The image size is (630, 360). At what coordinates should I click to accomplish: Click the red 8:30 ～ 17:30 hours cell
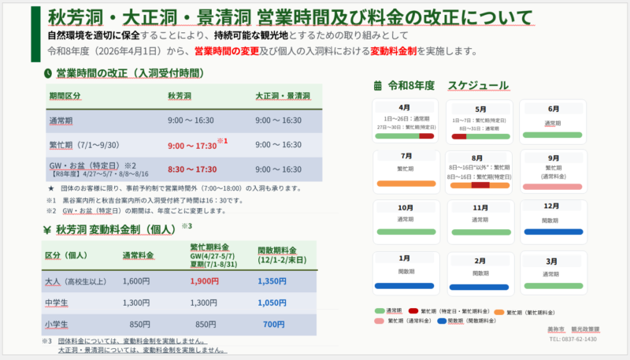(192, 169)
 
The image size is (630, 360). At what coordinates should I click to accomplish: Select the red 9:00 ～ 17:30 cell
(193, 145)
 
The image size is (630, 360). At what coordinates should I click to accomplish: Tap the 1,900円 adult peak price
(204, 281)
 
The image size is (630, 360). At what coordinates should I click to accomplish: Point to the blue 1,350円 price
(272, 281)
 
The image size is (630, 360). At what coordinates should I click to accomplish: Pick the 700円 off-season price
(274, 324)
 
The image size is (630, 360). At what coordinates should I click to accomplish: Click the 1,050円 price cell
(272, 302)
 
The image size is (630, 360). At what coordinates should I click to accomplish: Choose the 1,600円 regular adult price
(136, 281)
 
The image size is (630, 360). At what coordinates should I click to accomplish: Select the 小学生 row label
(57, 324)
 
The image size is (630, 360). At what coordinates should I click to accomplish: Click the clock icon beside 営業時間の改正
(49, 73)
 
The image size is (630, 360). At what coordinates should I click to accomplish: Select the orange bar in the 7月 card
(406, 184)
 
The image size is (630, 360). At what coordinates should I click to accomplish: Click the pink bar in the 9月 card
(553, 187)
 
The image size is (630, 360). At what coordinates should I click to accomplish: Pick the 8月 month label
(479, 157)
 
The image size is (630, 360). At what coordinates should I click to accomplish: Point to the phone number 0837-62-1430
(574, 339)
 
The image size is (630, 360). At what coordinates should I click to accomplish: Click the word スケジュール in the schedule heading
(478, 85)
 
